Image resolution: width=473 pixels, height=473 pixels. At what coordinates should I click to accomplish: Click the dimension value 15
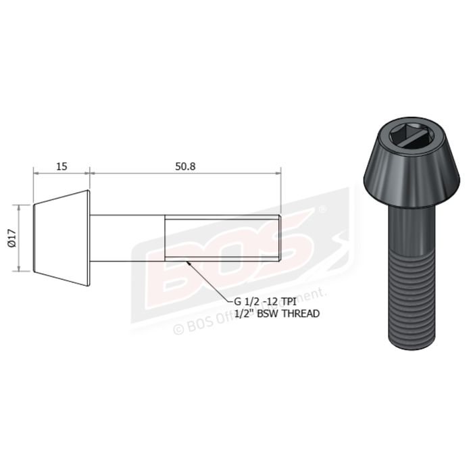click(x=61, y=166)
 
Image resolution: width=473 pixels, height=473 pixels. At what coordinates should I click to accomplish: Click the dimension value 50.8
click(x=184, y=166)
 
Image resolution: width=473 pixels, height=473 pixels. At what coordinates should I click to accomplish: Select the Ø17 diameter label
click(x=11, y=239)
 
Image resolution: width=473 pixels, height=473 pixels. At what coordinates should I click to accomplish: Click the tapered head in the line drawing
click(x=61, y=239)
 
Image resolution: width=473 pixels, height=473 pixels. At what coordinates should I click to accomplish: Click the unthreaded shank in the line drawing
click(x=128, y=239)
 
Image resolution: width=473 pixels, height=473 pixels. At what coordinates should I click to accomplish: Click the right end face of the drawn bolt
click(x=280, y=239)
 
